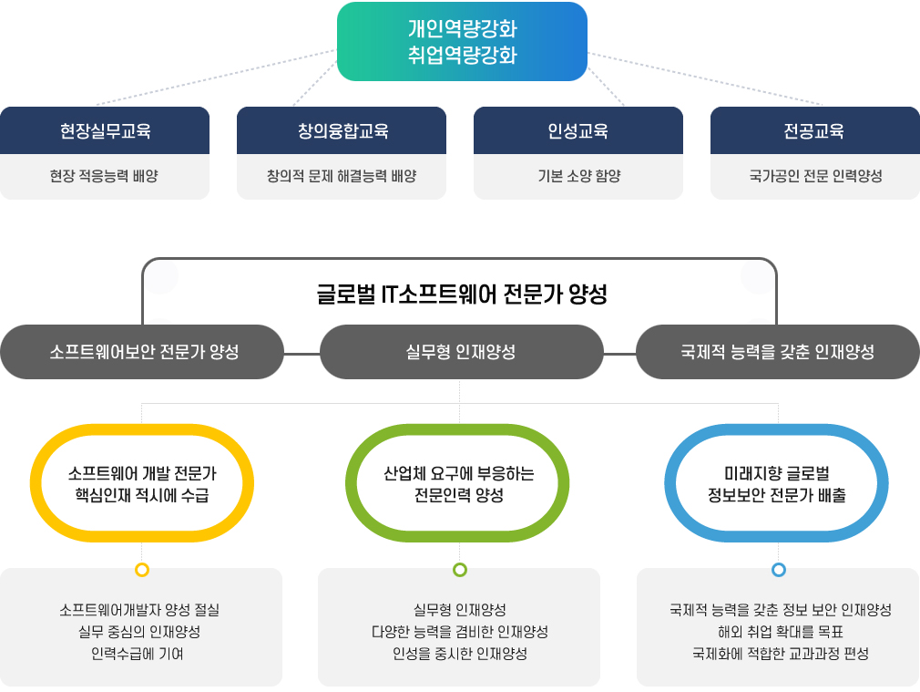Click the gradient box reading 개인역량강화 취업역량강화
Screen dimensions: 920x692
coord(462,41)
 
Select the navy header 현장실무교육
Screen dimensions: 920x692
coord(105,130)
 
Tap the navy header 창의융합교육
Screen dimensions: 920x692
coord(342,130)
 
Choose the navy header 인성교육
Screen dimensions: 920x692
coord(578,130)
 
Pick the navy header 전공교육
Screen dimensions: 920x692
coord(815,130)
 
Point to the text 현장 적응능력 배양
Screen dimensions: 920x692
coord(104,176)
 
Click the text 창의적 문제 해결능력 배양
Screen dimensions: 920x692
coord(342,176)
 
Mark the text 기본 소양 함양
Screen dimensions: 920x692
coord(579,176)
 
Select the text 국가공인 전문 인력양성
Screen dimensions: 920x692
coord(815,176)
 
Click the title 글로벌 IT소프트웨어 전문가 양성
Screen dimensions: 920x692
coord(462,294)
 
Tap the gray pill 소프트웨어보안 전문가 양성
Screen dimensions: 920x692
coord(142,352)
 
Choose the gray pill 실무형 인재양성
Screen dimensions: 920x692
coord(461,352)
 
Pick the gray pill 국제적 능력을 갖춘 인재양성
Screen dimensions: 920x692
coord(777,352)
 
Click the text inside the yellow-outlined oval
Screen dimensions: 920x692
coord(142,484)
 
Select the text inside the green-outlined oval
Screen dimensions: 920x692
coord(459,484)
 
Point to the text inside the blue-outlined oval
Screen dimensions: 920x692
coord(777,484)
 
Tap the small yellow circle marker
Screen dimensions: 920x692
coord(142,569)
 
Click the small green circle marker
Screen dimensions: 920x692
coord(460,569)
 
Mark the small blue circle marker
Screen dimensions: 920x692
coord(779,569)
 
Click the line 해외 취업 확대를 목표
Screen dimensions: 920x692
coord(781,632)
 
